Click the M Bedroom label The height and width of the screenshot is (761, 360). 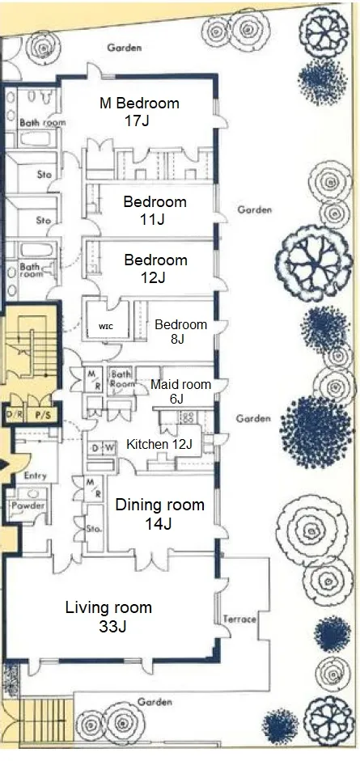pyautogui.click(x=139, y=104)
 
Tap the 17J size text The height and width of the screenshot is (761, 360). pyautogui.click(x=137, y=120)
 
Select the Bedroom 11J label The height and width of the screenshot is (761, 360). pyautogui.click(x=155, y=210)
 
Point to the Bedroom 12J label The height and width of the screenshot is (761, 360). pyautogui.click(x=155, y=268)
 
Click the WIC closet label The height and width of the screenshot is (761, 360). pyautogui.click(x=106, y=327)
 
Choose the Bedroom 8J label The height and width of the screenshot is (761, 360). pyautogui.click(x=180, y=332)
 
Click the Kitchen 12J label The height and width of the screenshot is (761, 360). pyautogui.click(x=159, y=444)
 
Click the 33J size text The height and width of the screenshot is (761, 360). pyautogui.click(x=112, y=626)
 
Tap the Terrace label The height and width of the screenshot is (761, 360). pyautogui.click(x=239, y=619)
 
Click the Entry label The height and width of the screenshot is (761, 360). pyautogui.click(x=35, y=476)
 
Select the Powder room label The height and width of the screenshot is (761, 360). pyautogui.click(x=28, y=505)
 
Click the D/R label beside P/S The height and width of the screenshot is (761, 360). pyautogui.click(x=11, y=415)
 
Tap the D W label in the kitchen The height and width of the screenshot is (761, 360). pyautogui.click(x=102, y=448)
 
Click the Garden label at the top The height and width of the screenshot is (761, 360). pyautogui.click(x=125, y=48)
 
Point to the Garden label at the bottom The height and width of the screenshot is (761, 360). pyautogui.click(x=155, y=702)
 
